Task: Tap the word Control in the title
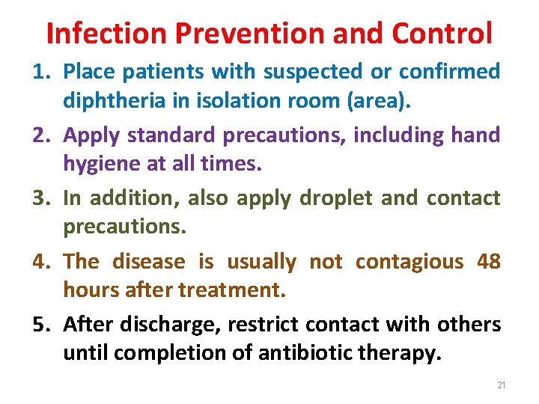[442, 34]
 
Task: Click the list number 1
[40, 72]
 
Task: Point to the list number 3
[40, 198]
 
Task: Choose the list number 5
[40, 325]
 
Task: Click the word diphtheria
[109, 100]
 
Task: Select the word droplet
[335, 198]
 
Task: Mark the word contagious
[409, 262]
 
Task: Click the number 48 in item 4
[488, 262]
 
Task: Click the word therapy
[408, 353]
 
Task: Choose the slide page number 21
[502, 385]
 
